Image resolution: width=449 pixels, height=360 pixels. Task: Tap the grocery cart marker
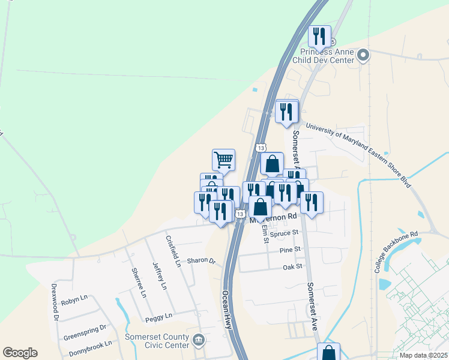pyautogui.click(x=223, y=160)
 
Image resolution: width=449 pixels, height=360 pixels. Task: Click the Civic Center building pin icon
pyautogui.click(x=199, y=341)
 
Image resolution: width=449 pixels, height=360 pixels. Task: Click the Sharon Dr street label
pyautogui.click(x=200, y=261)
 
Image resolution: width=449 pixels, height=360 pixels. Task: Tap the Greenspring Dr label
pyautogui.click(x=85, y=328)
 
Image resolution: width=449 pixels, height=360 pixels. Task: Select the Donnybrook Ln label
pyautogui.click(x=89, y=345)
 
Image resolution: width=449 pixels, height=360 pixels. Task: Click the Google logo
pyautogui.click(x=20, y=353)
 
